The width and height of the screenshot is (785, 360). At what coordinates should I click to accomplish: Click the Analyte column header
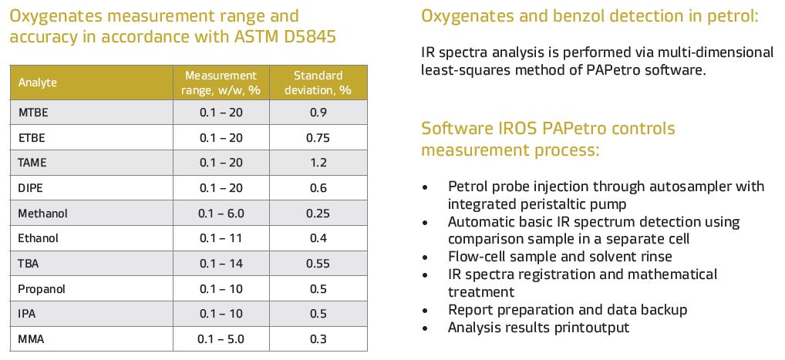(x=38, y=82)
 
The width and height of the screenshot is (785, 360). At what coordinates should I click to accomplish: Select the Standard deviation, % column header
(x=318, y=82)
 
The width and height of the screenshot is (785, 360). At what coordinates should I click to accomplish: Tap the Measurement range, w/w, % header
(x=220, y=82)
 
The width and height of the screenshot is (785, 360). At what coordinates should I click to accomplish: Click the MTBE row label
(x=32, y=113)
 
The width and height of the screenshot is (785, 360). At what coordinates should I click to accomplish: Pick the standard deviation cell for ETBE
(x=318, y=138)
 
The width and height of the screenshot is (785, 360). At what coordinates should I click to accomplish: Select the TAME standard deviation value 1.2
(x=318, y=163)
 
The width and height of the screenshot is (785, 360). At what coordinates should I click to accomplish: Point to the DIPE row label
(x=31, y=187)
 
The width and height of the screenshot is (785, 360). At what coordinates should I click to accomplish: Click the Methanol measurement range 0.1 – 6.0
(x=221, y=213)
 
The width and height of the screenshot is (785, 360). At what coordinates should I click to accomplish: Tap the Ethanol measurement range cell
(x=221, y=238)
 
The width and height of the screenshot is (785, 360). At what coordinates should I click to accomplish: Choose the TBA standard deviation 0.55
(x=318, y=263)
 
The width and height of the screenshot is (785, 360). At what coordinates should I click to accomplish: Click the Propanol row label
(x=42, y=288)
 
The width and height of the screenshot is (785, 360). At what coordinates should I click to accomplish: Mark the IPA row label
(x=27, y=314)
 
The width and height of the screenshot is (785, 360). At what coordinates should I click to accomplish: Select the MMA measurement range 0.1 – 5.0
(x=221, y=339)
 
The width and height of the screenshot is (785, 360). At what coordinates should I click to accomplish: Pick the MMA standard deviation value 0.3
(x=318, y=339)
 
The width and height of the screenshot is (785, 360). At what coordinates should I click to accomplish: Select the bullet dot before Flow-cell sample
(x=426, y=257)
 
